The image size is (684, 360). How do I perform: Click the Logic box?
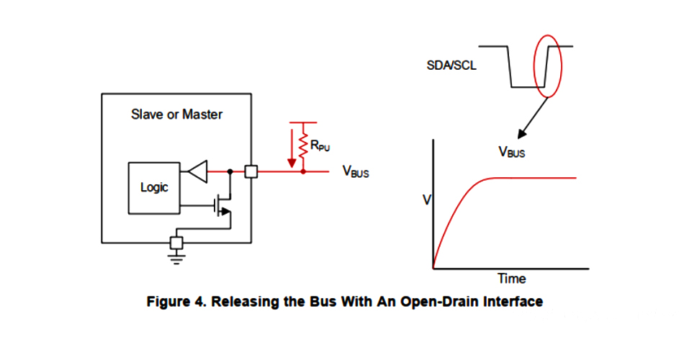coord(154,187)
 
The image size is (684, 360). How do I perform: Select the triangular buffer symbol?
coord(197,172)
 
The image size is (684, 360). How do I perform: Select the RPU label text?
coord(320,146)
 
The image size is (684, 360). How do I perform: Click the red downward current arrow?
coord(291,147)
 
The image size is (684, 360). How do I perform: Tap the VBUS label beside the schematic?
coord(356,172)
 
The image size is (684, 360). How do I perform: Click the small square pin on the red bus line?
coord(251,172)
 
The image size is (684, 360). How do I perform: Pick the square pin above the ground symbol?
coord(176,241)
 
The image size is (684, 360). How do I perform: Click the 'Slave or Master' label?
coord(176,114)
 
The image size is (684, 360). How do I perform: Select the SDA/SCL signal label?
coord(451,66)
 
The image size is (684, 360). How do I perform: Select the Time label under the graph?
coord(511,279)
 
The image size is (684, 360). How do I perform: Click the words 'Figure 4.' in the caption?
coord(174,301)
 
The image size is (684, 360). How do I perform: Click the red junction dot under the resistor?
coord(303,172)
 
